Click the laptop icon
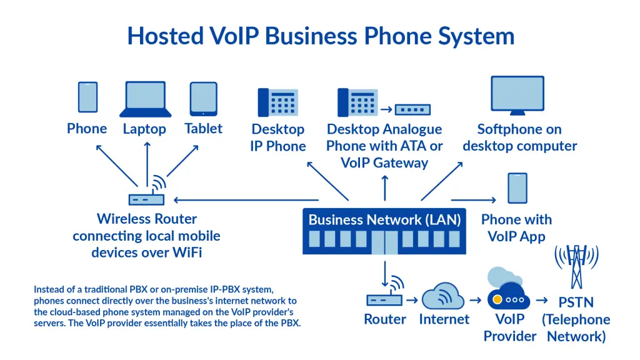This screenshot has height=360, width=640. pos(146,99)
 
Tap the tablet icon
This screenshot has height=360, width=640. pos(204,99)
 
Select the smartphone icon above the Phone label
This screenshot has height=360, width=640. pos(87,97)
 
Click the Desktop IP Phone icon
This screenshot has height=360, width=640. pos(277,102)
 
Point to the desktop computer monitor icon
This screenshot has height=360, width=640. pos(518,96)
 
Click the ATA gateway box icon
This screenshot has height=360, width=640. pos(412,109)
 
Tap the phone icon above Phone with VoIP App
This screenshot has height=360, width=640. pos(517,187)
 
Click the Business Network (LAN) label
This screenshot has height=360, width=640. pos(384,219)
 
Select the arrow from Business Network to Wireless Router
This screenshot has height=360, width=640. pos(237,200)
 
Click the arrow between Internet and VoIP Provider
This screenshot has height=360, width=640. pos(476,301)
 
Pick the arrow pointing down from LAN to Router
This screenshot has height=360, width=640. pos(384,270)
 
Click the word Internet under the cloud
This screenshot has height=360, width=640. pos(444,319)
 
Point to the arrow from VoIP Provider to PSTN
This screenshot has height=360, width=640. pos(542,301)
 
